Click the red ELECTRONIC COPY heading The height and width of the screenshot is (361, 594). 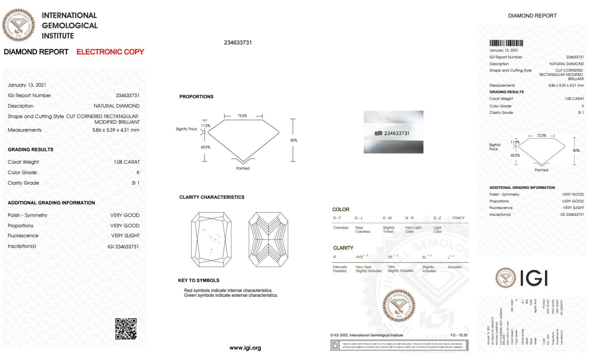pos(110,52)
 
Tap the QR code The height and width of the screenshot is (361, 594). pos(126,329)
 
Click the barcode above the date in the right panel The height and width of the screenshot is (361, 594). pos(506,43)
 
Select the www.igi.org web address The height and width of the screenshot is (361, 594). pos(245,348)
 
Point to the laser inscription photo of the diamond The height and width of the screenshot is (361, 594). pos(393,132)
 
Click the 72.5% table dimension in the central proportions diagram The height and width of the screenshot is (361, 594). pos(242,116)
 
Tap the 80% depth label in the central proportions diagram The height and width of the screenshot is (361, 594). pos(294,140)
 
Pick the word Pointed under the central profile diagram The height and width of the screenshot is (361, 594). pos(243,168)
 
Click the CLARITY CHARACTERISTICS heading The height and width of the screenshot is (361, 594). pos(212,197)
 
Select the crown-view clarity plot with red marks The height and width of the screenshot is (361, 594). pos(211,239)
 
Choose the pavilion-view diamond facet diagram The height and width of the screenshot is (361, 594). pos(268,239)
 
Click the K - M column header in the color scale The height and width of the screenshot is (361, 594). pos(387,218)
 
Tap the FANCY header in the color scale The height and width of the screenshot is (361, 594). pos(458,218)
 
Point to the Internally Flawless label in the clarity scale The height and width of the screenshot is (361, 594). pos(340,269)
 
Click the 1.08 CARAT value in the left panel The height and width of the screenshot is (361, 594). pos(127,162)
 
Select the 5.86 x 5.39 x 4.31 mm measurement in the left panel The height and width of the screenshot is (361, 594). pos(116,130)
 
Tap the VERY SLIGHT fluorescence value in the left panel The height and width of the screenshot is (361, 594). pos(125,236)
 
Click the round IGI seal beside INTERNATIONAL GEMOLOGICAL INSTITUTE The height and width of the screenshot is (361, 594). pos(19,25)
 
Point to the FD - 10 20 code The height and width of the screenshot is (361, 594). pos(459,335)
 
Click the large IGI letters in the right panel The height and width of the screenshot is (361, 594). pos(534,278)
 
